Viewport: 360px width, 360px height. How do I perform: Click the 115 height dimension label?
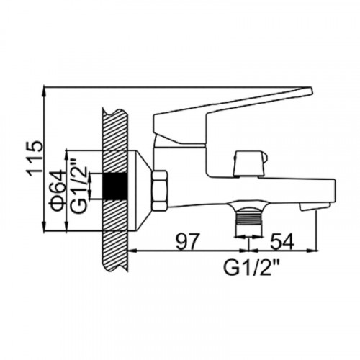tap(35, 159)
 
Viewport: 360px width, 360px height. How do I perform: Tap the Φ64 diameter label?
tap(58, 191)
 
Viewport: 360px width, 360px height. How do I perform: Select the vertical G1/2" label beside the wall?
tap(78, 186)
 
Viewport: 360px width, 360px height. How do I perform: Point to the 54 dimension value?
tap(282, 241)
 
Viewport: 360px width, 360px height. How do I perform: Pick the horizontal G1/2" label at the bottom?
tap(252, 267)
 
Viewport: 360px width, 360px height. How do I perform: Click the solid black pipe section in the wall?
tap(115, 186)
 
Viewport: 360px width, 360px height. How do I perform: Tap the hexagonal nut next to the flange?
tap(159, 191)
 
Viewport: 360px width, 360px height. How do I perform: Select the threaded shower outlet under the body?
tap(248, 216)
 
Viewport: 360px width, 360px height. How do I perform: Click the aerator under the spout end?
tap(315, 207)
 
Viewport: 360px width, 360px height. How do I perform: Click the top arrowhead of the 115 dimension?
tap(45, 92)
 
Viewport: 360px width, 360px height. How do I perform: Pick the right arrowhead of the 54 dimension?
tap(312, 251)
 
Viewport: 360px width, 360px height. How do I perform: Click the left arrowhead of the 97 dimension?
tap(133, 251)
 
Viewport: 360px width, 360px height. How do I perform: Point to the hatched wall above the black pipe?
tap(115, 141)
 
